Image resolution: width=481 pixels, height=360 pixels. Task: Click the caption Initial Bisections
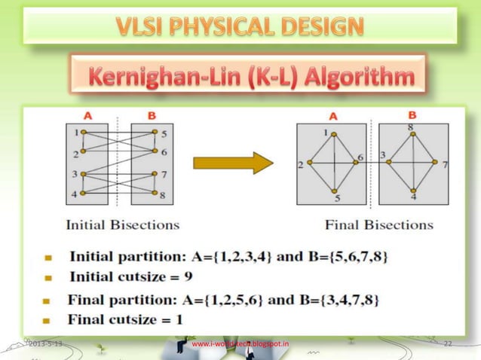(x=122, y=224)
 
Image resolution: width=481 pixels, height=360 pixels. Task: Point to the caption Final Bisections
(x=379, y=224)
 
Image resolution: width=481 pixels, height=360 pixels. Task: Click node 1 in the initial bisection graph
(x=83, y=133)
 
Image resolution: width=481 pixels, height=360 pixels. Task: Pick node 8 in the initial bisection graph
(x=156, y=195)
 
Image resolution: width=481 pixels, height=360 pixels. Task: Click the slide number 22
(x=447, y=344)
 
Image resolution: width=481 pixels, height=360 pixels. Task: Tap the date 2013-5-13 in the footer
(x=46, y=344)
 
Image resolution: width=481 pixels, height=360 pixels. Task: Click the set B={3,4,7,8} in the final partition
(x=335, y=300)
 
